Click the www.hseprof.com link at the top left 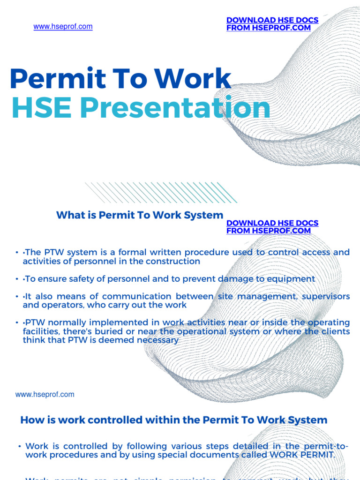click(x=63, y=27)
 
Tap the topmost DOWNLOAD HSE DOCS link click(x=272, y=20)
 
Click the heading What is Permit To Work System click(x=140, y=215)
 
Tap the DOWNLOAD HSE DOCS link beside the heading click(x=272, y=223)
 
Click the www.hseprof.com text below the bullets click(x=45, y=394)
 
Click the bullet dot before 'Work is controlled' click(x=19, y=447)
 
